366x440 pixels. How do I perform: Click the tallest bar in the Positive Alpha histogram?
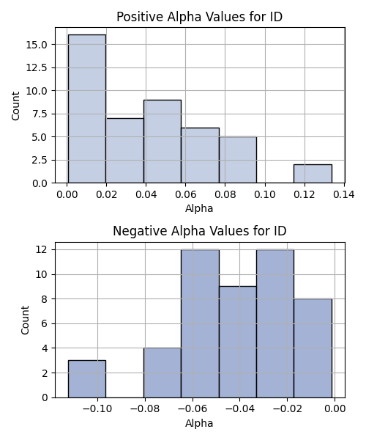87,109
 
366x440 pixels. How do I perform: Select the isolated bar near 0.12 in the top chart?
313,174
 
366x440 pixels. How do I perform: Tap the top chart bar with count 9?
163,142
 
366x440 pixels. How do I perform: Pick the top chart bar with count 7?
125,150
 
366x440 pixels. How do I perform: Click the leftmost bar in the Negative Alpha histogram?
87,379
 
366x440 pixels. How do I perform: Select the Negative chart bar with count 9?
238,342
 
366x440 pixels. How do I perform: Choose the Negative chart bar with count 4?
163,373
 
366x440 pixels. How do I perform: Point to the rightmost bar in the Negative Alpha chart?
313,348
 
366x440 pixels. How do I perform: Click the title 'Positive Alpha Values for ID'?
199,17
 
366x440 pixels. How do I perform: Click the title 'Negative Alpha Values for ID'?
200,231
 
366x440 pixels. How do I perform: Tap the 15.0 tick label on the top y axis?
37,45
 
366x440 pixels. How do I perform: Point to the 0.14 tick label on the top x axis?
344,194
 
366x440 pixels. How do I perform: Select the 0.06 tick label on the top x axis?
185,194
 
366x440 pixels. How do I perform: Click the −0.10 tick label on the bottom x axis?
97,408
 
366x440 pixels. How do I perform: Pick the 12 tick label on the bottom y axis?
41,249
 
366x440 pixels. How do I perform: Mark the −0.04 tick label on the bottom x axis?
239,408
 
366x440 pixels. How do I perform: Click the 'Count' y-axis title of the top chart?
15,106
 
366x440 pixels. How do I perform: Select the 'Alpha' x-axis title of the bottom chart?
199,423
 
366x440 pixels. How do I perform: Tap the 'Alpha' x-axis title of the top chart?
199,208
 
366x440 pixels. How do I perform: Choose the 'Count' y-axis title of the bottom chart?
25,320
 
